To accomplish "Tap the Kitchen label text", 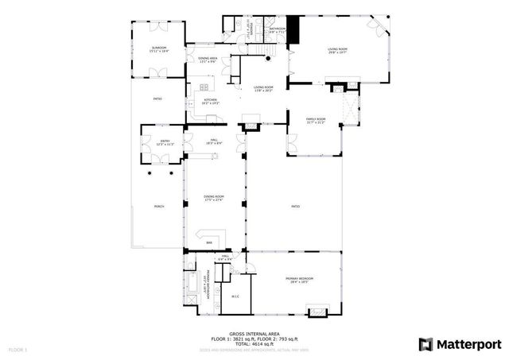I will click(x=209, y=101).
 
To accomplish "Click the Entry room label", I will click(x=164, y=143).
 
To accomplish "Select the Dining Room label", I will click(x=213, y=199).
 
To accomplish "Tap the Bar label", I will click(x=209, y=242).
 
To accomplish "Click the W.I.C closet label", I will click(x=235, y=296).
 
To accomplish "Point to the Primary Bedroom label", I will click(x=300, y=279).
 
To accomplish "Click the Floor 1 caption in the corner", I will click(x=17, y=350).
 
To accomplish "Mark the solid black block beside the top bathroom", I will click(x=293, y=31).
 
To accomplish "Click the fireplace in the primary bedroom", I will click(x=317, y=308).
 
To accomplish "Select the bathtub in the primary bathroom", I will click(x=193, y=282).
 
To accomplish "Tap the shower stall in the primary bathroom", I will click(x=193, y=305).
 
